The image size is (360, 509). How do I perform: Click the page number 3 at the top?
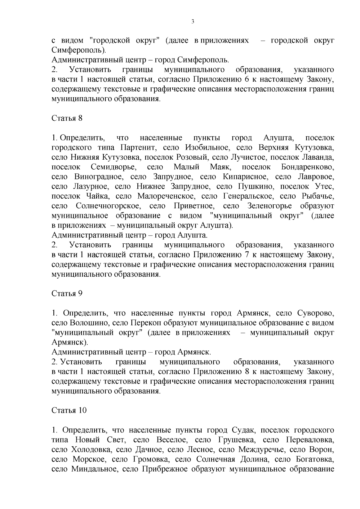pyautogui.click(x=193, y=22)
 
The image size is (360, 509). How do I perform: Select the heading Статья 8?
pyautogui.click(x=67, y=118)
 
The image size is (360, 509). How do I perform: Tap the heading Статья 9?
pyautogui.click(x=67, y=293)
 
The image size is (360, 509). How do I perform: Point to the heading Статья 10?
pyautogui.click(x=69, y=410)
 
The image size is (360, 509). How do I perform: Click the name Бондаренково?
pyautogui.click(x=308, y=167)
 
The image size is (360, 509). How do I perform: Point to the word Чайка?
pyautogui.click(x=97, y=196)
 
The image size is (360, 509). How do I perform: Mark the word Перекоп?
pyautogui.click(x=143, y=323)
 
